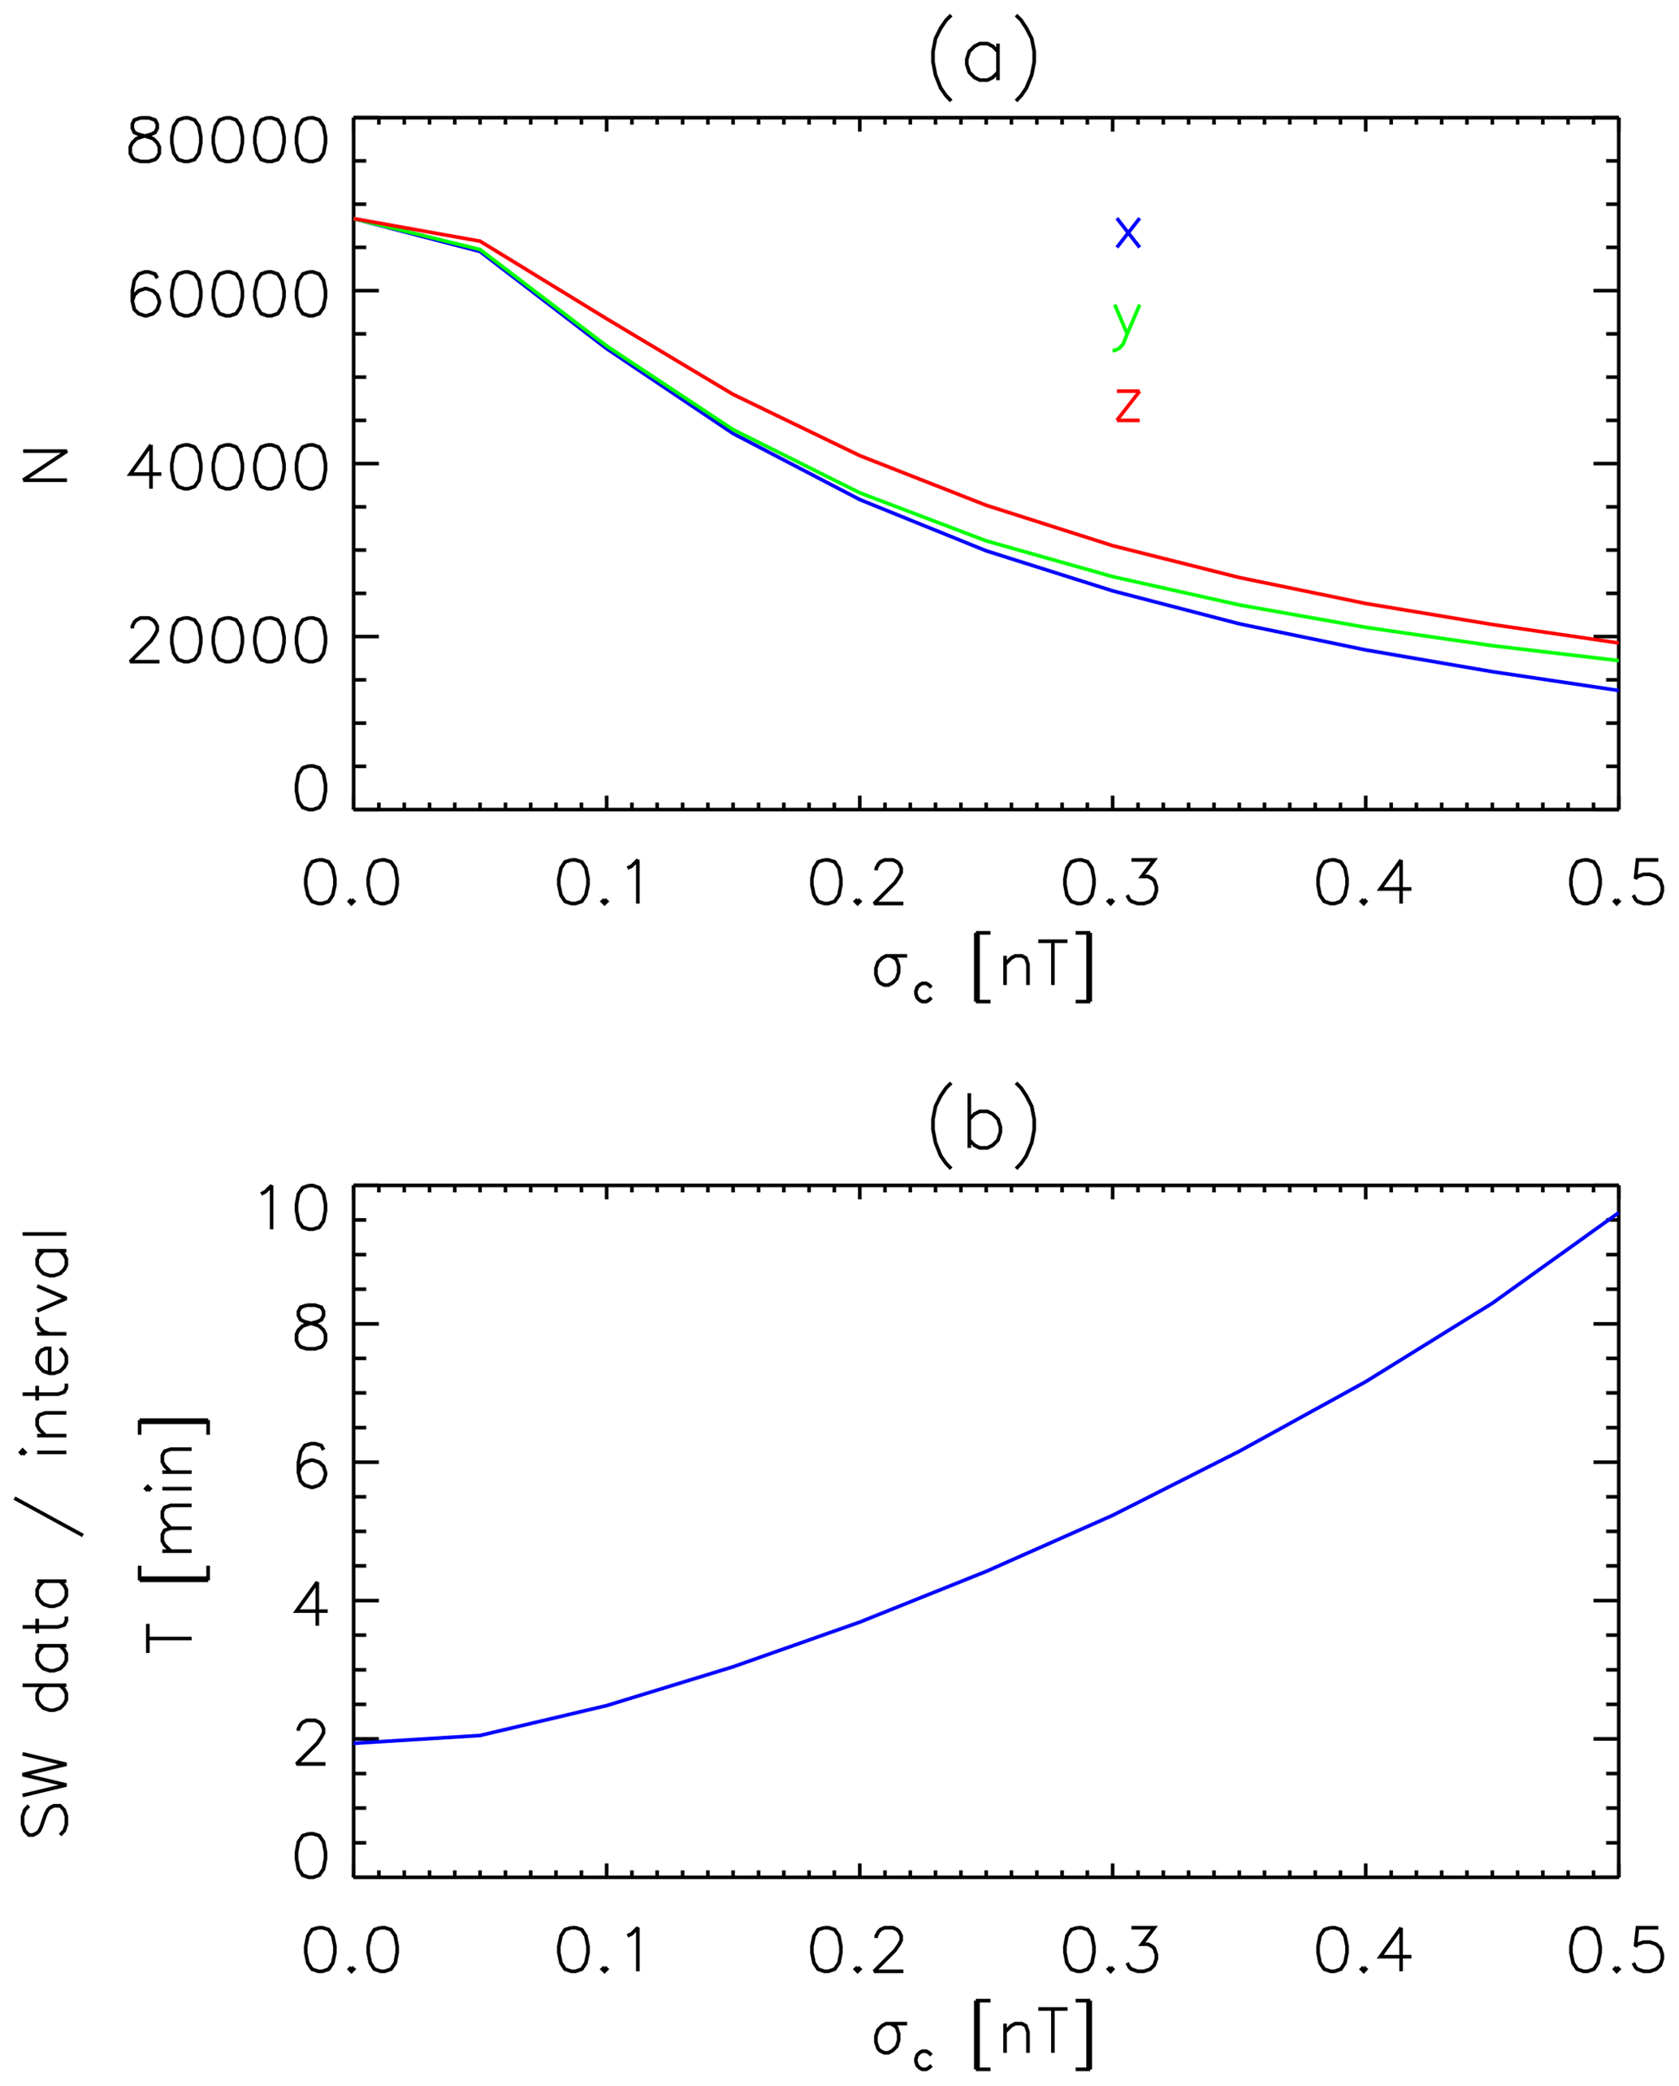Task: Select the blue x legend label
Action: (1127, 233)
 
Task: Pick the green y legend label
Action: (1127, 322)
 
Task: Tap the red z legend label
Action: (1127, 405)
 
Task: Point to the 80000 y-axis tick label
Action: (227, 143)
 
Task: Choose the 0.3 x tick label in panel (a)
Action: (1111, 883)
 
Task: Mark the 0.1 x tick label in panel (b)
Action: (604, 1952)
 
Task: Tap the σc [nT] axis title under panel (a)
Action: (983, 970)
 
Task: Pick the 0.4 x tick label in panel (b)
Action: (1364, 1952)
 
